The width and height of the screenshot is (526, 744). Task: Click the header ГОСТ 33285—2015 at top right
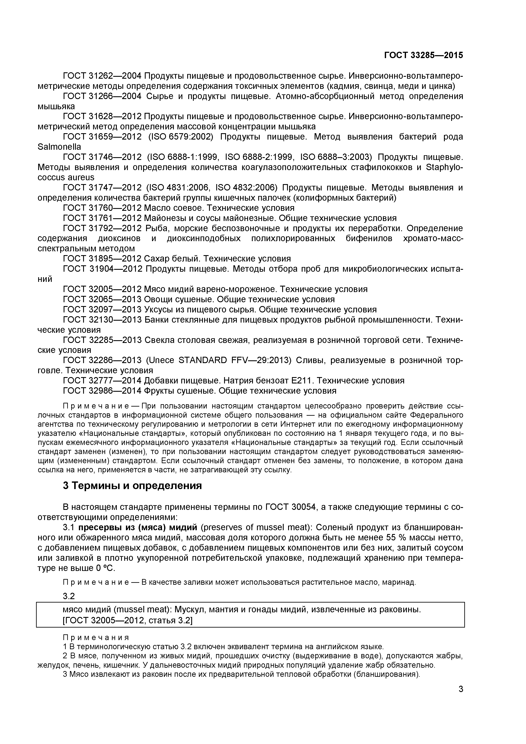423,56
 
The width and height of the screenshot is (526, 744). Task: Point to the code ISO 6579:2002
181,137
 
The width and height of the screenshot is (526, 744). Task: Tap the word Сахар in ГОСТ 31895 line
157,259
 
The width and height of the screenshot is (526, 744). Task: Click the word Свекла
161,340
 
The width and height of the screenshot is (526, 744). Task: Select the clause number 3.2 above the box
69,596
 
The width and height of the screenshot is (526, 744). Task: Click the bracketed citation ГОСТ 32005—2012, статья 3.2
128,621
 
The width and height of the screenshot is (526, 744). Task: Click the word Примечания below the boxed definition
96,638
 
